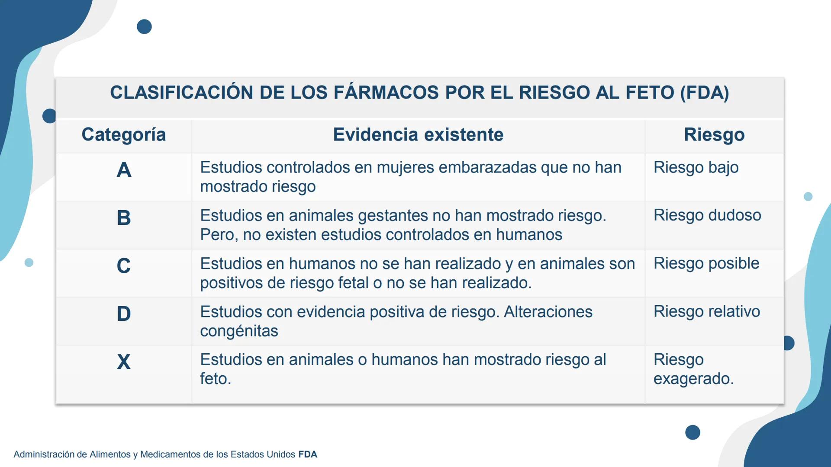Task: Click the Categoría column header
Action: (x=124, y=135)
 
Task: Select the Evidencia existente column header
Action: (x=418, y=135)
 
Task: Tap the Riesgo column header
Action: (x=714, y=135)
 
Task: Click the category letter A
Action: (x=124, y=170)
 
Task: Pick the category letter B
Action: (x=124, y=218)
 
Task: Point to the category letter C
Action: (x=124, y=265)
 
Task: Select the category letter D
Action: (x=124, y=313)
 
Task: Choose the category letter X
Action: (x=124, y=361)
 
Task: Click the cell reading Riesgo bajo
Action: (x=696, y=168)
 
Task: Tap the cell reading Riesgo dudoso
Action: (x=707, y=215)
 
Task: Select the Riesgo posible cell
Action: (x=706, y=263)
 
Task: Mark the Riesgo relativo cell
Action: (x=707, y=311)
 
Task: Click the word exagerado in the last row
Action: (x=693, y=379)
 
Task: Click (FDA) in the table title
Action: (x=705, y=93)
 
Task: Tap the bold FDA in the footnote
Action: (x=308, y=454)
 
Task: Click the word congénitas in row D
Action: (x=239, y=331)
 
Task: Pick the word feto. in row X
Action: (x=216, y=379)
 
